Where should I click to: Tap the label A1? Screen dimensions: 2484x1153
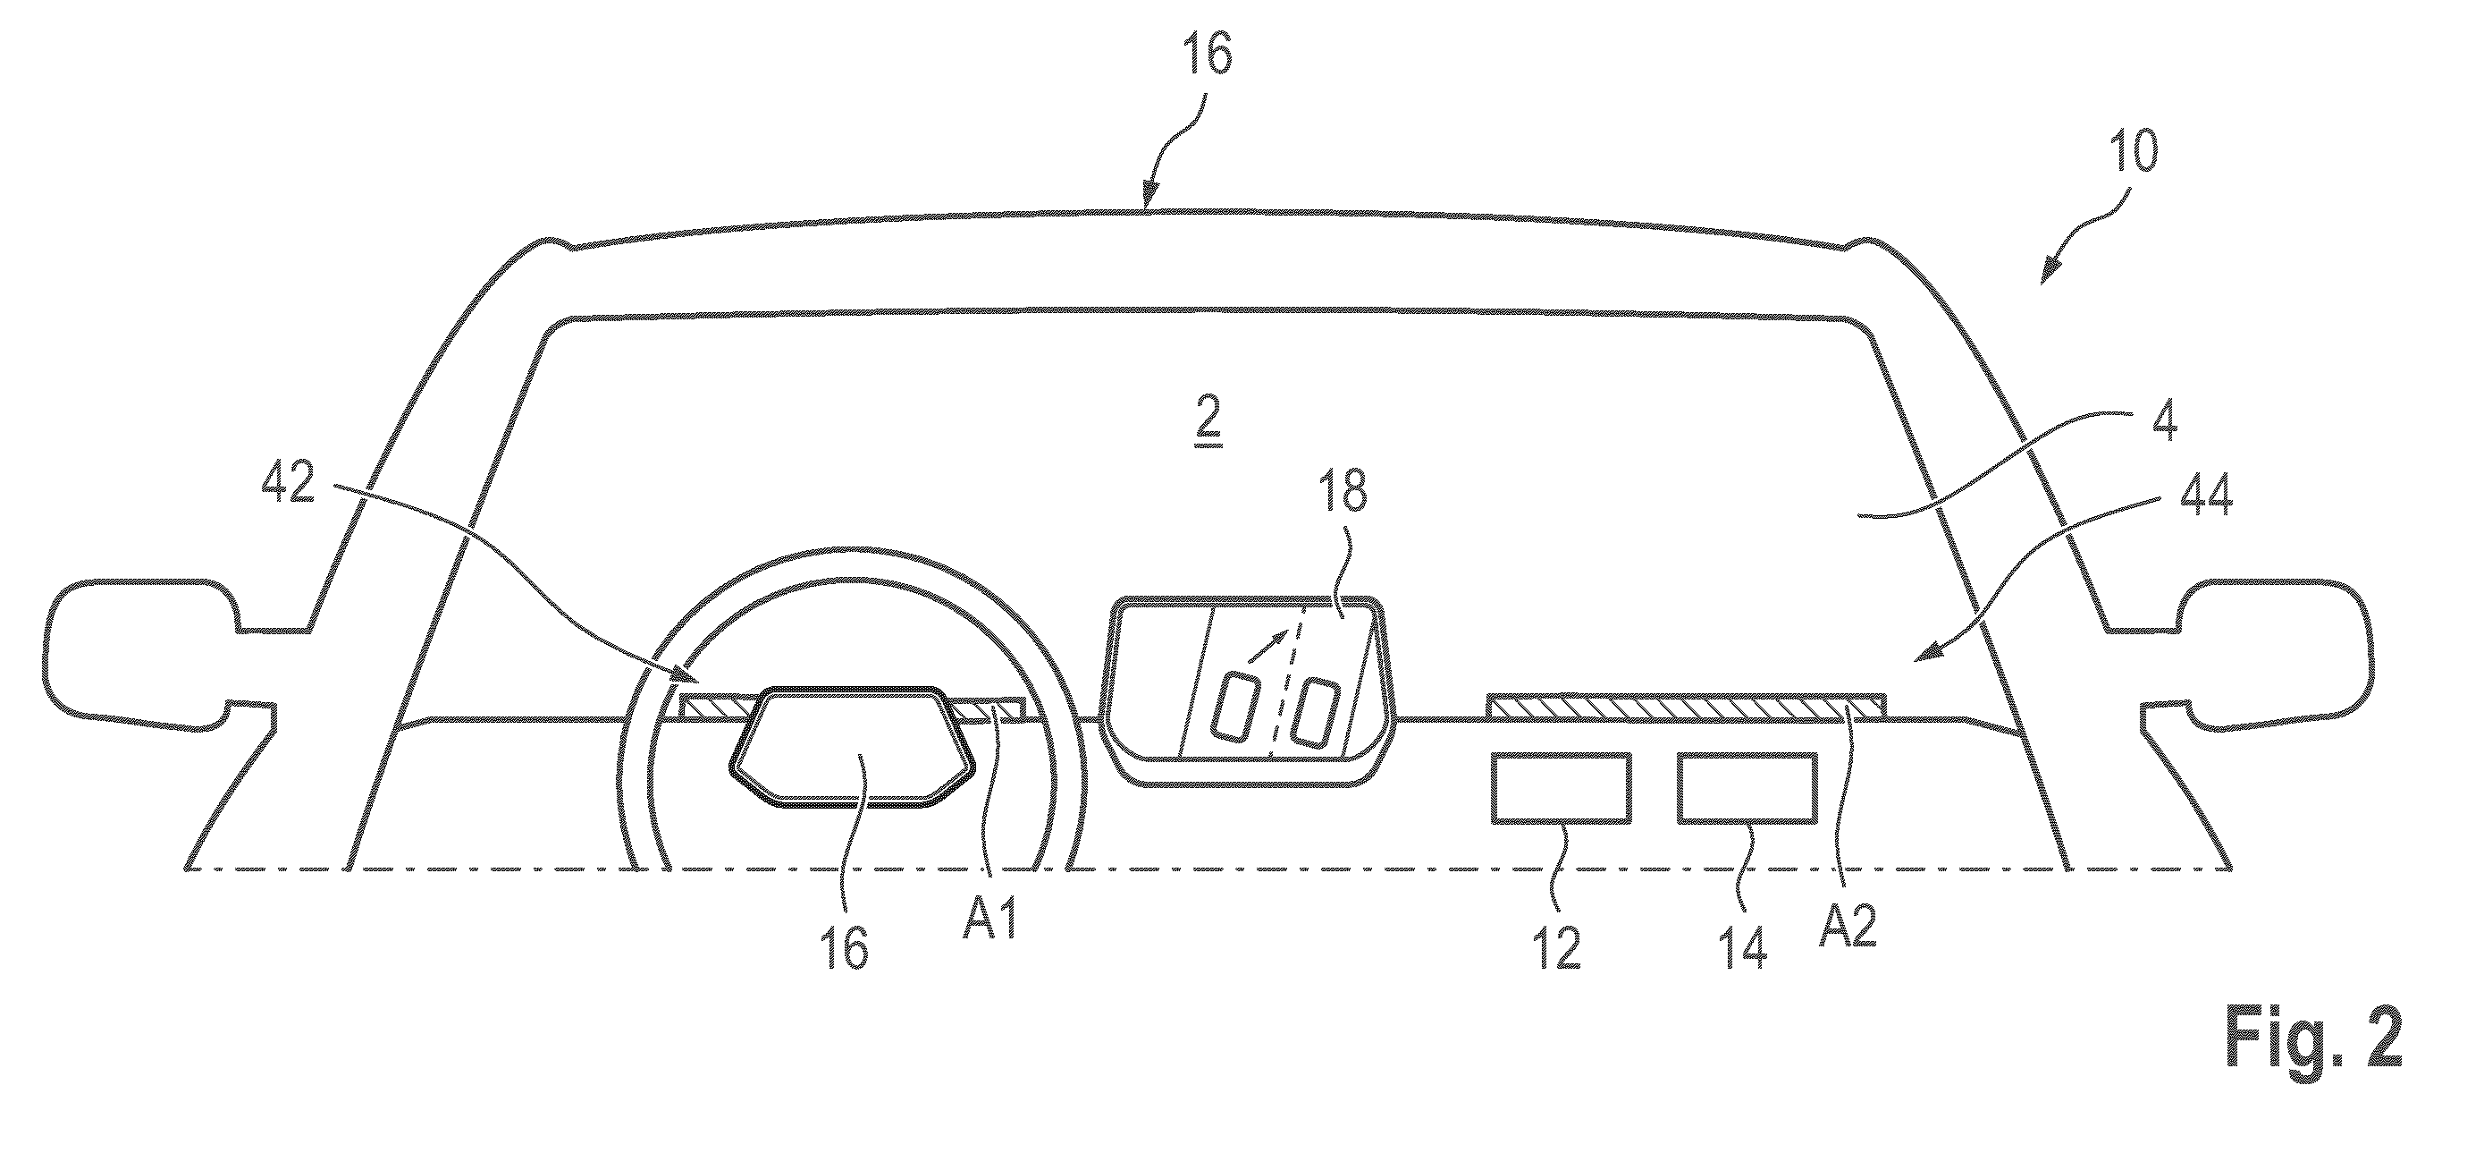point(989,921)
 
